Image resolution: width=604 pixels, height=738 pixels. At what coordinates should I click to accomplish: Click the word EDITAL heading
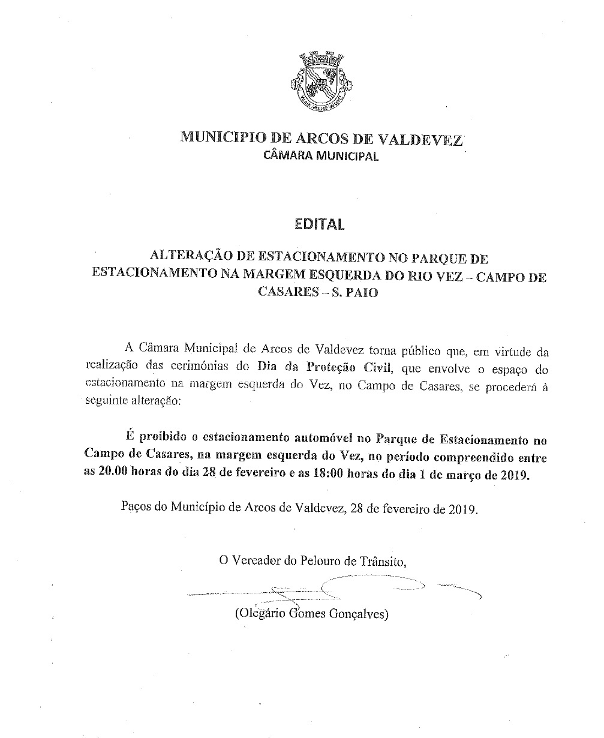320,224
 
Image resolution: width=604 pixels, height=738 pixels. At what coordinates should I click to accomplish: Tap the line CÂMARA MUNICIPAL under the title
321,156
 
